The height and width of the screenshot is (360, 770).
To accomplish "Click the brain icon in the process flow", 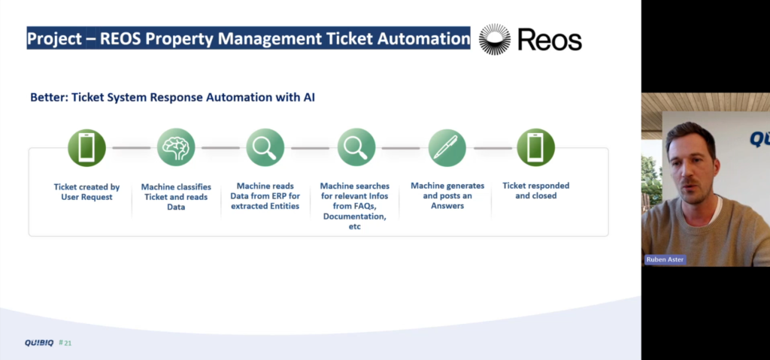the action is [x=176, y=147].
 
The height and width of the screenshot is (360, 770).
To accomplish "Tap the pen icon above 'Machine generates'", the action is [x=447, y=147].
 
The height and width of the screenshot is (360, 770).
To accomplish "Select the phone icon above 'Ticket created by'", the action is [x=86, y=147].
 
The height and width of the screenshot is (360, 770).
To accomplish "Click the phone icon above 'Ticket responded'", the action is [x=535, y=147].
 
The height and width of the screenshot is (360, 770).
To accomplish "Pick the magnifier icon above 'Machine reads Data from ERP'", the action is [x=265, y=147].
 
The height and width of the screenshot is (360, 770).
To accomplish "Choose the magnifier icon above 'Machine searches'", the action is [x=356, y=147].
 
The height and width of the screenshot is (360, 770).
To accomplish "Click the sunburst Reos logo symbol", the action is [x=495, y=39].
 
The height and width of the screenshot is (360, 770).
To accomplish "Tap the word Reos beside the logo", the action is [x=550, y=40].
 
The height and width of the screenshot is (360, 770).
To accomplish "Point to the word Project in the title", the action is [x=54, y=39].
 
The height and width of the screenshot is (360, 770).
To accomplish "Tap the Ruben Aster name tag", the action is [x=665, y=260].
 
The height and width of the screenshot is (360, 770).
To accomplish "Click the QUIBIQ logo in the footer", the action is [x=39, y=343].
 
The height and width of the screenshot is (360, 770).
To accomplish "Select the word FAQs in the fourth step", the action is [x=364, y=206].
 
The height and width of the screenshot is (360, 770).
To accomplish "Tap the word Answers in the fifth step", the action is [x=447, y=206].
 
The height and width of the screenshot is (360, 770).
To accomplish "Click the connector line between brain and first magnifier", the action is [x=220, y=148].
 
